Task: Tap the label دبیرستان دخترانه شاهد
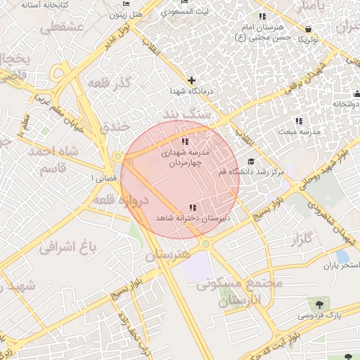(x=193, y=219)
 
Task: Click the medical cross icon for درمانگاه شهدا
(x=191, y=80)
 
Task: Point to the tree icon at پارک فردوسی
(x=320, y=304)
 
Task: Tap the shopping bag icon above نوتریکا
(x=309, y=29)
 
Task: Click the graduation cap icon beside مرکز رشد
(x=251, y=162)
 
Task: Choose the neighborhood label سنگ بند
(x=186, y=112)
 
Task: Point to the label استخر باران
(x=340, y=266)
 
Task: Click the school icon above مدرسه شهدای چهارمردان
(x=176, y=124)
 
